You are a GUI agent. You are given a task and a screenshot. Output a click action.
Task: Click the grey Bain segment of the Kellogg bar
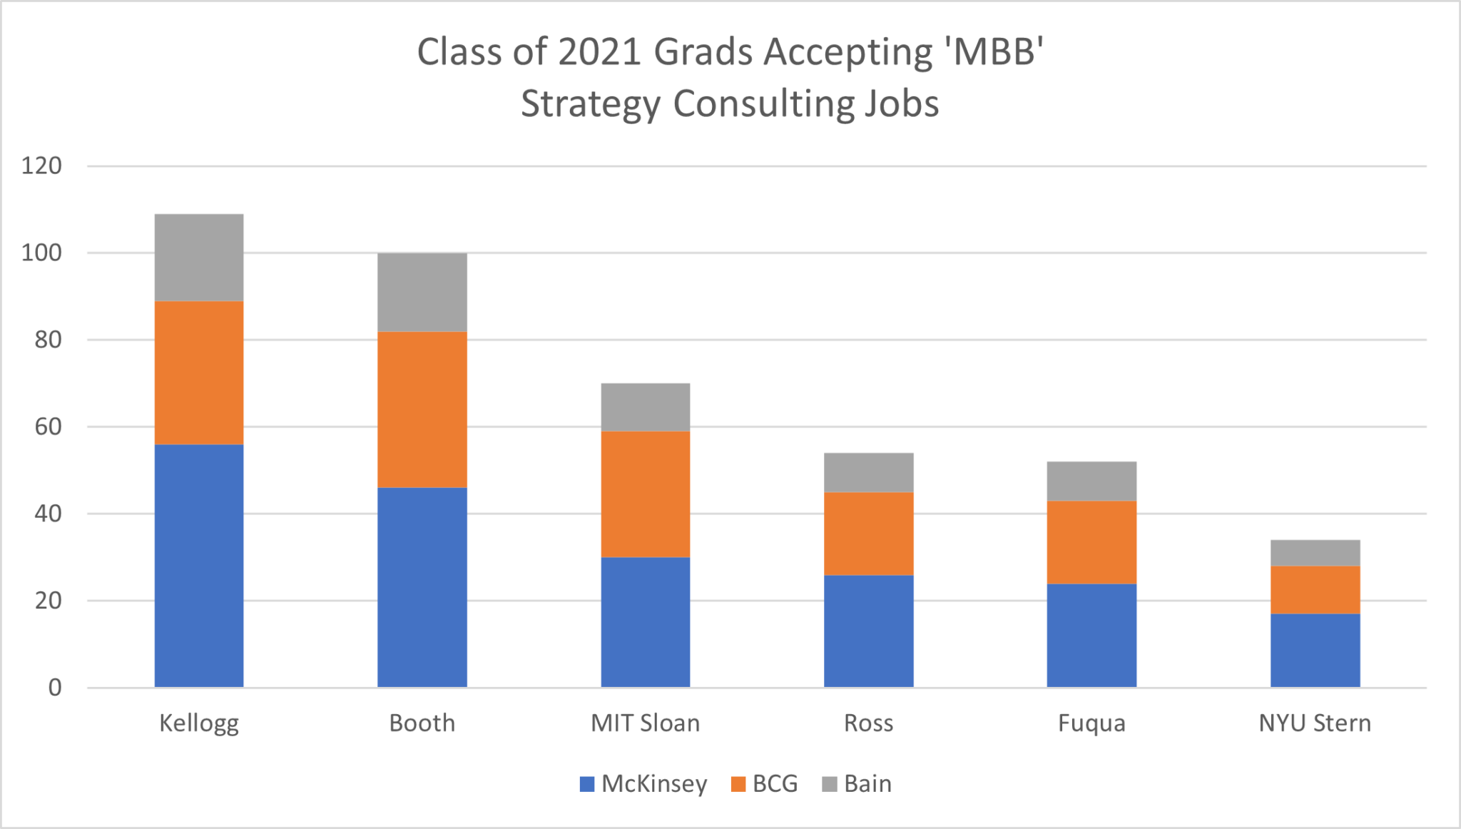199,257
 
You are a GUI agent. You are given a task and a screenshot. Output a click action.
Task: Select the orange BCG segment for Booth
422,410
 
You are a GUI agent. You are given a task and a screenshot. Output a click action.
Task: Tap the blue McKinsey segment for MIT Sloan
645,622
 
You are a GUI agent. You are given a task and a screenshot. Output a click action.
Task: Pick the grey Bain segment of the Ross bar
868,472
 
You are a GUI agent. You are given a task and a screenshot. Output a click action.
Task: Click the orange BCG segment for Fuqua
1091,542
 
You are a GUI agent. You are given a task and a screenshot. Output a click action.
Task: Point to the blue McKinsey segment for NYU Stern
1315,650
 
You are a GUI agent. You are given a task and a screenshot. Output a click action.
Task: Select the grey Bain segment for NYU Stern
1315,553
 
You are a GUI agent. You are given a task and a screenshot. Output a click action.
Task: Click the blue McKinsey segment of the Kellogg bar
199,566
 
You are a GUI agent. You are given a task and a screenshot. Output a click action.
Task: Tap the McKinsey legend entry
643,784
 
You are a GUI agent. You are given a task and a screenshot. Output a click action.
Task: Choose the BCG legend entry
765,784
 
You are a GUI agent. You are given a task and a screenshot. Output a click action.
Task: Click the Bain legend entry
857,784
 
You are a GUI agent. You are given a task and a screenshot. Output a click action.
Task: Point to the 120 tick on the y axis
41,166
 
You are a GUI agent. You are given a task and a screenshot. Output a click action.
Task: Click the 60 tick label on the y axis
48,427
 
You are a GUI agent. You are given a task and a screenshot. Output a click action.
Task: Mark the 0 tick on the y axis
55,688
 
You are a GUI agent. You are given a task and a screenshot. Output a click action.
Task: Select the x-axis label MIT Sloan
645,723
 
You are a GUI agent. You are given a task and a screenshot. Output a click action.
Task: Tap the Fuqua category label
1091,723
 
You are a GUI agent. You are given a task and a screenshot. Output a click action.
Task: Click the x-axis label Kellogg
199,723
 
